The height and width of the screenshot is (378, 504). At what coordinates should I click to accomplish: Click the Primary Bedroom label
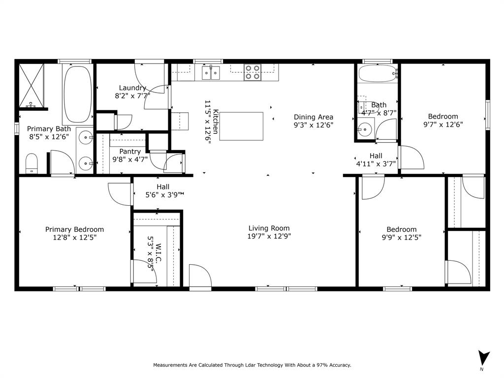(x=74, y=229)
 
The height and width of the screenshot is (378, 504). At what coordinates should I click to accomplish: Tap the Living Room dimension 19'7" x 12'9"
(x=269, y=237)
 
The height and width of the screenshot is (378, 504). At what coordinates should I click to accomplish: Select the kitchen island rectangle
(x=241, y=126)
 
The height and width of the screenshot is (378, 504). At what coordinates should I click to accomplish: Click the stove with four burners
(x=252, y=72)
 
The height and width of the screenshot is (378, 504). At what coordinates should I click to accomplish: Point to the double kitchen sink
(x=211, y=73)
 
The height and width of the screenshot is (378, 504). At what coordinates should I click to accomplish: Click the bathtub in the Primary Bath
(x=77, y=94)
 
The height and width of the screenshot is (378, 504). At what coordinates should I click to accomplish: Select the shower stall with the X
(x=32, y=85)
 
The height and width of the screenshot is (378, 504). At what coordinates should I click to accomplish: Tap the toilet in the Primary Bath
(x=32, y=163)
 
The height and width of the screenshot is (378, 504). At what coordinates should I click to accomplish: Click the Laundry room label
(x=132, y=88)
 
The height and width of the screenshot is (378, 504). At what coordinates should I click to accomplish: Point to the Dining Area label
(x=314, y=117)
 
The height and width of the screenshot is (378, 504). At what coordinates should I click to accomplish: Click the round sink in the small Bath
(x=364, y=130)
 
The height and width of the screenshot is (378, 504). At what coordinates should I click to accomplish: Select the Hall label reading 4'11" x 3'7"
(x=376, y=164)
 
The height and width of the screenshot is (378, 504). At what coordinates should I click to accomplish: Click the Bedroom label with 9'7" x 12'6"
(x=443, y=116)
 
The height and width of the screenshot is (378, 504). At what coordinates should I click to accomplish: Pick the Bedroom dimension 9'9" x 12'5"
(x=401, y=237)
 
